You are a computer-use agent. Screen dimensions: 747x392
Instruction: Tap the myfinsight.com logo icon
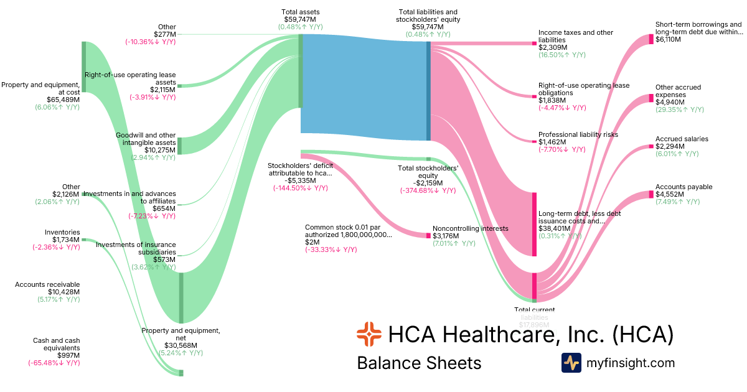571,363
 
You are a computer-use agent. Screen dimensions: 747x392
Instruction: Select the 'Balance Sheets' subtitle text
419,363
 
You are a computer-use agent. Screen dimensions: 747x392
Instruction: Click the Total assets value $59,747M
301,19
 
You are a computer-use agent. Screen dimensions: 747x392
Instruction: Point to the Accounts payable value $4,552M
670,194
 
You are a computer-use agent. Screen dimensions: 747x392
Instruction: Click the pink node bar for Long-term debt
534,224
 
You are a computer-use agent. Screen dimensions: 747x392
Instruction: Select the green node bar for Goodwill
180,146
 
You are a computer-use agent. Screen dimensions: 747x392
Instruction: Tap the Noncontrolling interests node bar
428,236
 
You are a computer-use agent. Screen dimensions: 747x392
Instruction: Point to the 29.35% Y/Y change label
679,110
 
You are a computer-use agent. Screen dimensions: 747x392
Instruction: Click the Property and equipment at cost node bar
83,67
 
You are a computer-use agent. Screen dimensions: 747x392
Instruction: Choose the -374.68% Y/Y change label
428,190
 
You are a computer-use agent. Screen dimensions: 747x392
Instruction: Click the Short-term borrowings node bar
651,39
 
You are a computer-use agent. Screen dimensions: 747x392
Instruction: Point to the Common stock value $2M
311,242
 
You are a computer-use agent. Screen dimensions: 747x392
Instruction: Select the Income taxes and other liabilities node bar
534,44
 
